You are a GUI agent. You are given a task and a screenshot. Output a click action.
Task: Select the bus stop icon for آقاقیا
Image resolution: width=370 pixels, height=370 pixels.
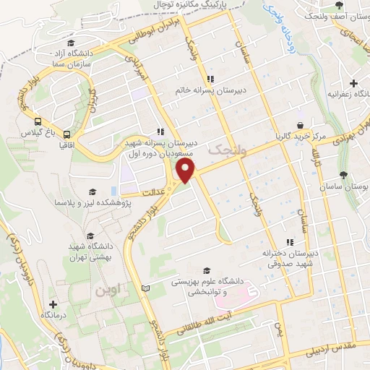click(x=66, y=134)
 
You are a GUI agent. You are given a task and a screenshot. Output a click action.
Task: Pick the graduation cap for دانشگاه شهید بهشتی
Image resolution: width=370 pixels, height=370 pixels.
click(x=90, y=236)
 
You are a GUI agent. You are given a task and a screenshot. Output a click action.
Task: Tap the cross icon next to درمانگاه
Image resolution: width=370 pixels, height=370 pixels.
click(x=53, y=304)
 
